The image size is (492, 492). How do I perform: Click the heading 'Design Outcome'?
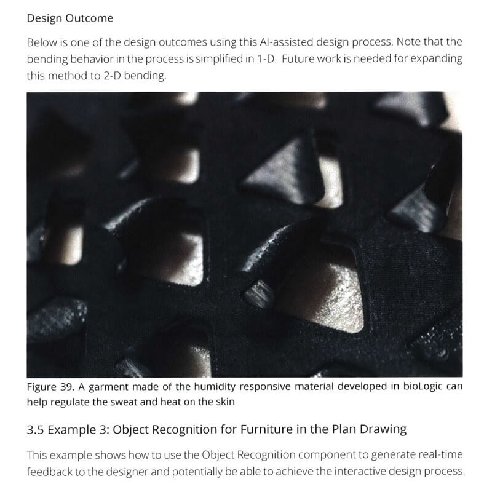pos(70,18)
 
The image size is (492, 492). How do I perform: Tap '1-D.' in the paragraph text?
pos(267,59)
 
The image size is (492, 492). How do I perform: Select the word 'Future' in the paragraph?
pos(298,59)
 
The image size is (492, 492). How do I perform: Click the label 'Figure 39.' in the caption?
pos(51,387)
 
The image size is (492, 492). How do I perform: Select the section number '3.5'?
pos(35,429)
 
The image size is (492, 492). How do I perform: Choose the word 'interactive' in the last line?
pos(360,472)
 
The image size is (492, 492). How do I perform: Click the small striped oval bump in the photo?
pos(258,295)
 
